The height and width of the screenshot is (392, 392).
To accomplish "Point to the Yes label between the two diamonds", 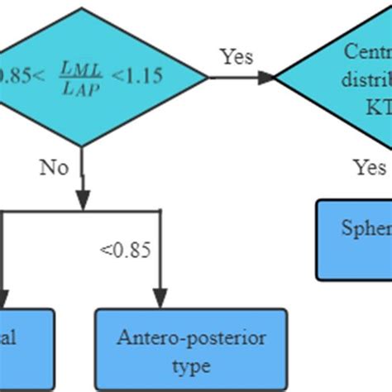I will [x=237, y=56].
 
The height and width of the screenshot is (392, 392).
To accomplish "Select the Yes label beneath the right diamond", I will [x=370, y=168].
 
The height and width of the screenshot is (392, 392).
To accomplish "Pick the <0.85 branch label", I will [x=125, y=249].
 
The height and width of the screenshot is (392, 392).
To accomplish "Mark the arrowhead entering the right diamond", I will [x=265, y=78].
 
